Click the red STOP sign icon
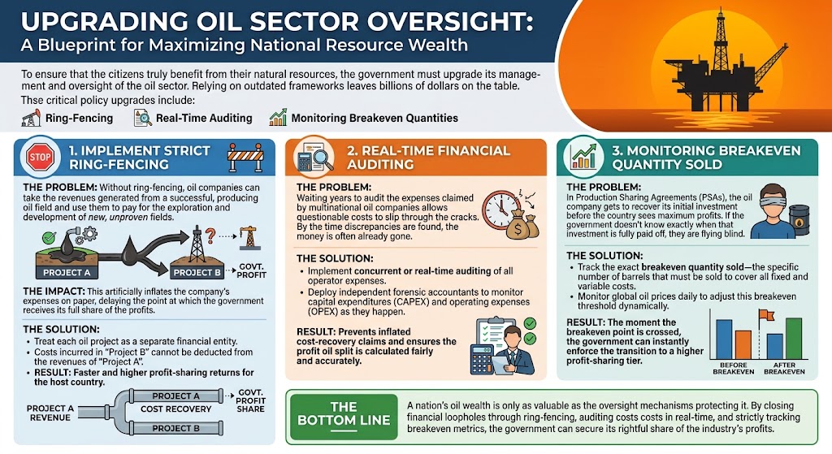coord(40,157)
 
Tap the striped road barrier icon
coord(245,157)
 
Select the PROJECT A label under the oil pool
coord(67,273)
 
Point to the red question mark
coord(210,236)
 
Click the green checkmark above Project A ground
coord(50,237)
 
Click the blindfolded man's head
coord(773,201)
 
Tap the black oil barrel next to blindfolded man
coord(799,220)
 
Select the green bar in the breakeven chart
coord(794,339)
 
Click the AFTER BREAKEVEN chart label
coord(784,369)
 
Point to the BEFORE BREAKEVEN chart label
coord(734,369)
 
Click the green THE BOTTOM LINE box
coord(344,417)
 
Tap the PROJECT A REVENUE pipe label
coord(50,413)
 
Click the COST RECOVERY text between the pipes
coord(175,409)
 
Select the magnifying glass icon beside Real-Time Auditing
coord(142,118)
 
